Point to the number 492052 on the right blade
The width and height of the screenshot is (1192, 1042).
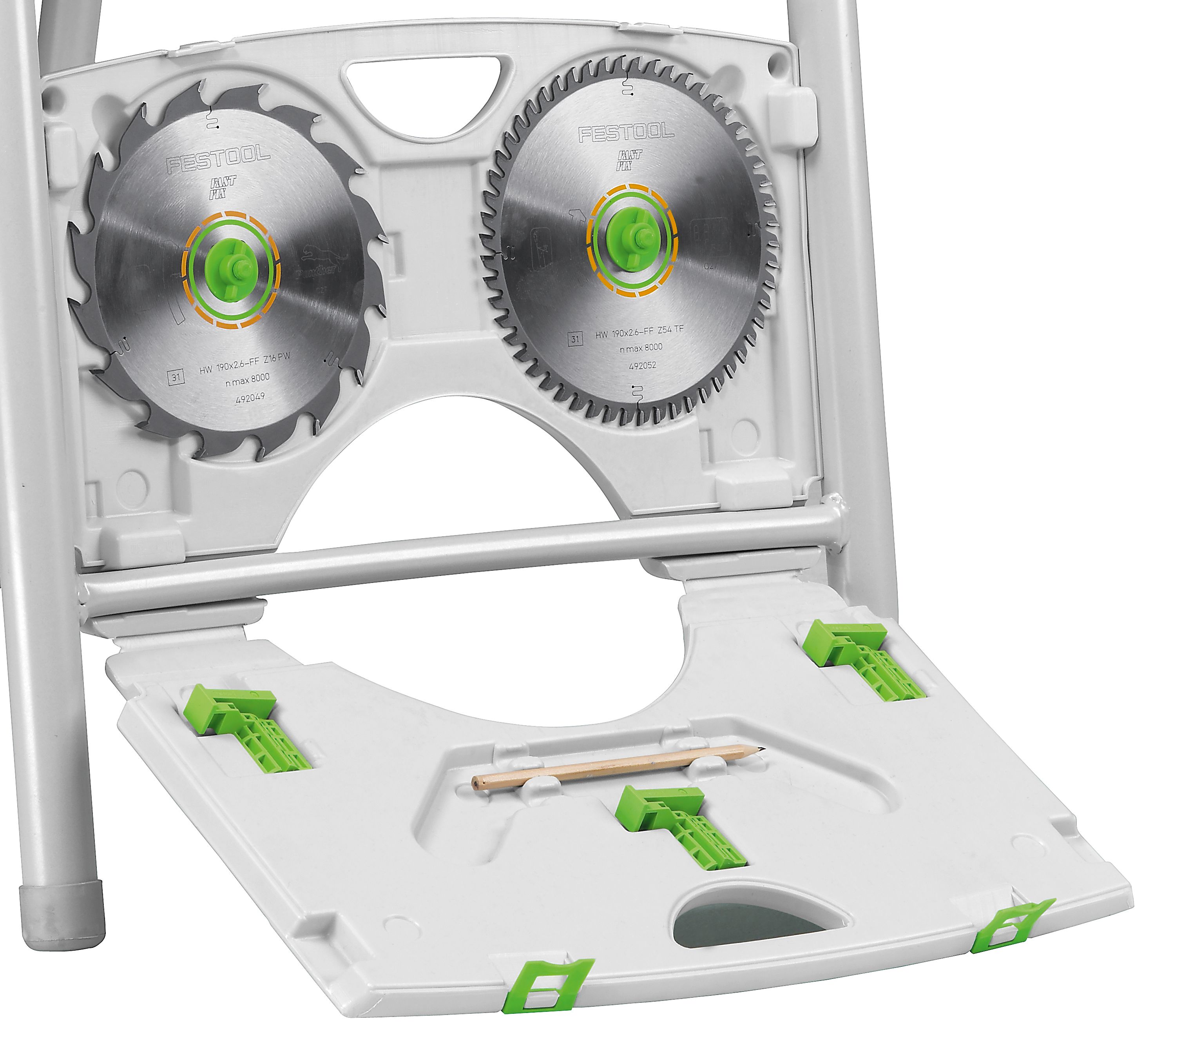click(642, 366)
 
